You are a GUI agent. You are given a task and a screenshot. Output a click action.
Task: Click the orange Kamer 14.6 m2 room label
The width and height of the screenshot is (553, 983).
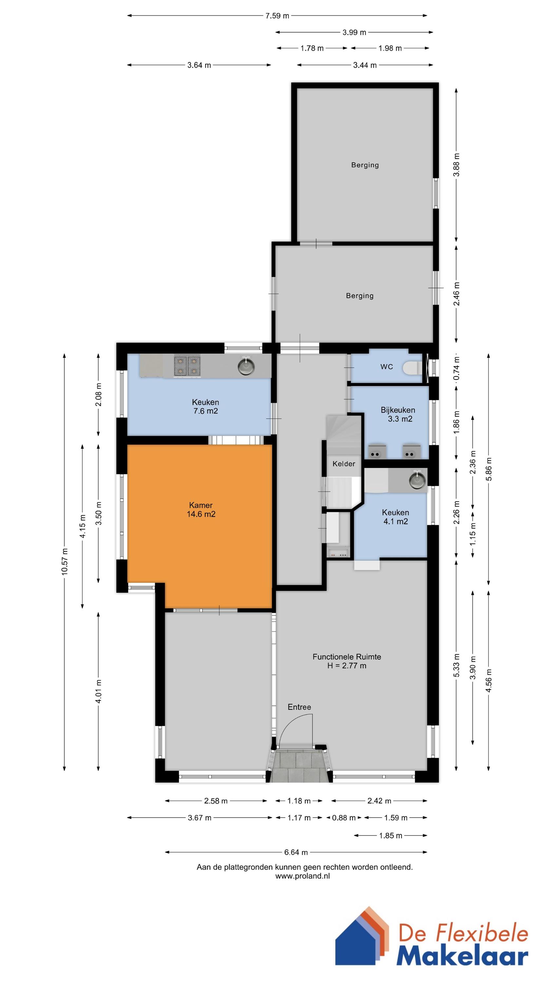(201, 510)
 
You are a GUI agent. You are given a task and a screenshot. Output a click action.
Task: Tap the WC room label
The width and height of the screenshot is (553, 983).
(386, 367)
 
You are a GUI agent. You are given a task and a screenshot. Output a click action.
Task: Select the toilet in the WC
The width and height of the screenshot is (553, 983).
(412, 368)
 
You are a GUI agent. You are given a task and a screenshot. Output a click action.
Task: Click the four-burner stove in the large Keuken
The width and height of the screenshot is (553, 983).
(187, 366)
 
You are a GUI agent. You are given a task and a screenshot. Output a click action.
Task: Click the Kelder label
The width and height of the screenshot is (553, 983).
(343, 464)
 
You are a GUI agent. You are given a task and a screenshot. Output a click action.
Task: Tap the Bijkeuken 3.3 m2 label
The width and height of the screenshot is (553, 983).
(398, 414)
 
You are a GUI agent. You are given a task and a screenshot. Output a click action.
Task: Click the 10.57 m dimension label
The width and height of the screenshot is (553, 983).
(65, 561)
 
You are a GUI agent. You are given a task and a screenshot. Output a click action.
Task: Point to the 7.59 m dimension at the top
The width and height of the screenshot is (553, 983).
(277, 16)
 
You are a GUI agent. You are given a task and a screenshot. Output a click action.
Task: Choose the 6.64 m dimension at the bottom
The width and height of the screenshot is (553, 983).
(296, 852)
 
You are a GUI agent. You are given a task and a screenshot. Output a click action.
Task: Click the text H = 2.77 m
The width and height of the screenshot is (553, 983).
(347, 666)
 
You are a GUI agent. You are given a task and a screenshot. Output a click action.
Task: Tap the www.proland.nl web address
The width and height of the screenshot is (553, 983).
(302, 876)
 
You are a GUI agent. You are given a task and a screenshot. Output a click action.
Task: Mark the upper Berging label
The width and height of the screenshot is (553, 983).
(365, 165)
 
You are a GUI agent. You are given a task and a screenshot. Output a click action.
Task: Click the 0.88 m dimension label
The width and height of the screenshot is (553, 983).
(343, 818)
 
